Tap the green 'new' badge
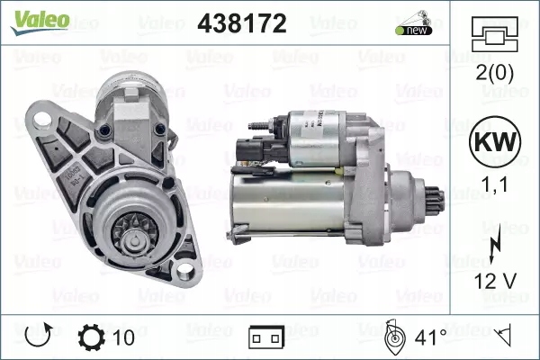411,30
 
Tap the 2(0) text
494,74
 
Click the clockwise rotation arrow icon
37,338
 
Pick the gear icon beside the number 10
92,338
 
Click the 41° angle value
430,338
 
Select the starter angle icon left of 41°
393,337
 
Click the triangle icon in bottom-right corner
505,337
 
